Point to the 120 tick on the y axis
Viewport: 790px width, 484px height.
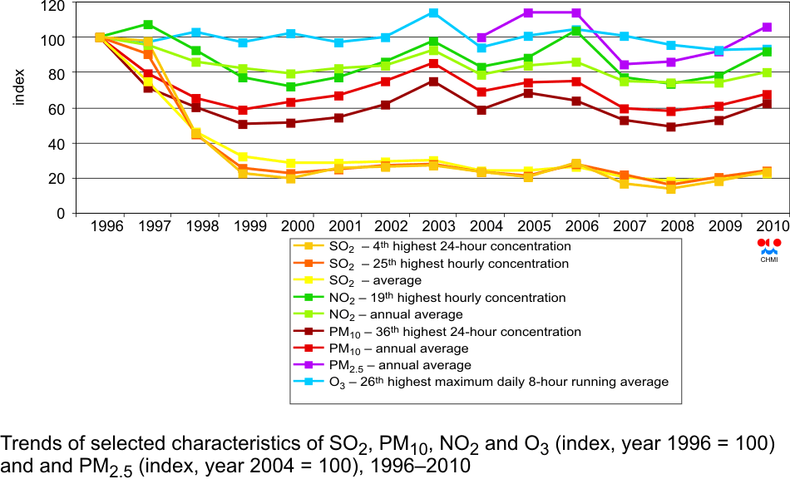click(x=54, y=4)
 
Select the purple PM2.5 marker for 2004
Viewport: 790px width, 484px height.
click(x=481, y=37)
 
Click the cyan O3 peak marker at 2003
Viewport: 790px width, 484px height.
click(x=433, y=12)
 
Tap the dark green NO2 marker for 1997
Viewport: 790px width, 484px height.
click(x=148, y=25)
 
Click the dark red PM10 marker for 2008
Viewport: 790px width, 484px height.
click(x=671, y=126)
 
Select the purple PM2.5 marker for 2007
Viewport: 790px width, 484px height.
click(x=624, y=64)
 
